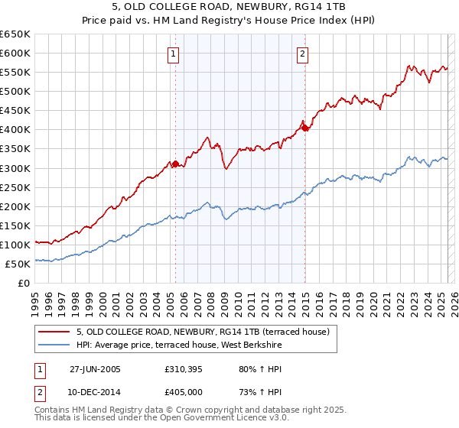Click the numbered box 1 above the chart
point(175,53)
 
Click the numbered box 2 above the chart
point(303,53)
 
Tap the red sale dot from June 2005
point(175,163)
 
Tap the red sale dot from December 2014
point(305,128)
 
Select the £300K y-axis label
point(15,168)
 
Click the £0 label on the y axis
point(24,283)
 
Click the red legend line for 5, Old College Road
point(55,332)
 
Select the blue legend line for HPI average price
point(55,345)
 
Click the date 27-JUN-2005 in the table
point(95,368)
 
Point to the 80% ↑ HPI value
point(251,368)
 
